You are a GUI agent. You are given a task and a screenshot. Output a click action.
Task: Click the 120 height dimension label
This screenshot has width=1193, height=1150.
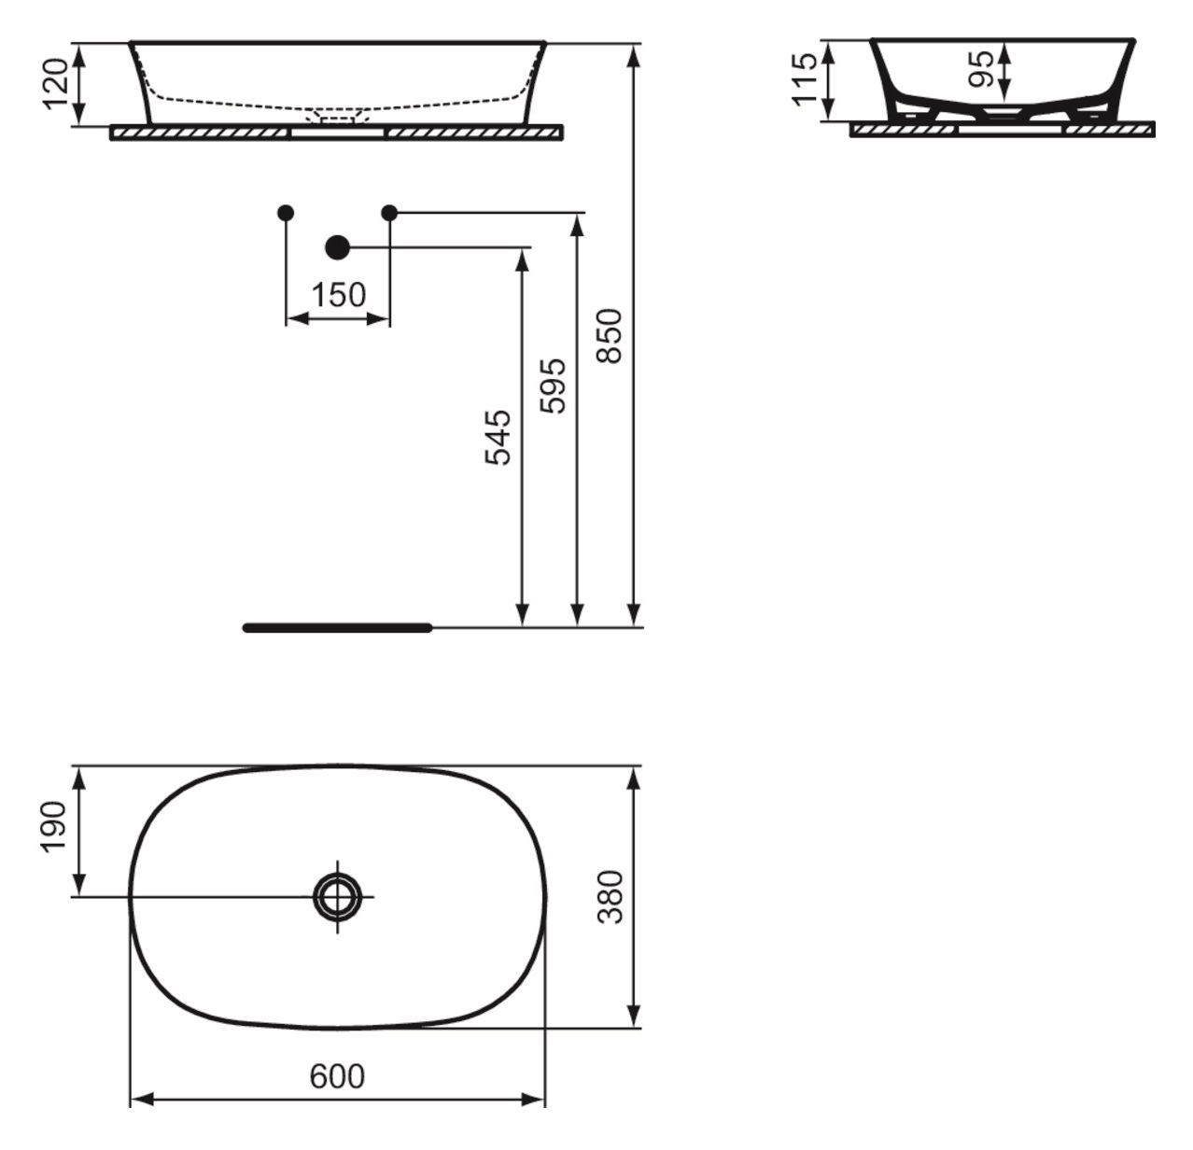click(x=56, y=84)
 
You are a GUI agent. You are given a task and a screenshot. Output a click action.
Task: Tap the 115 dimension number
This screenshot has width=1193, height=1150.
click(x=805, y=79)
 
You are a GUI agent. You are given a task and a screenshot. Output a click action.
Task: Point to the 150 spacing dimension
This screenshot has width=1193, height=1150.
click(x=339, y=295)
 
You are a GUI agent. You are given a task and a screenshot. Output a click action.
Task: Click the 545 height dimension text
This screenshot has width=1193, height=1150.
click(x=498, y=438)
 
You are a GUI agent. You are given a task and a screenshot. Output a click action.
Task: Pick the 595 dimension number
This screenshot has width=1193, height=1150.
click(x=553, y=386)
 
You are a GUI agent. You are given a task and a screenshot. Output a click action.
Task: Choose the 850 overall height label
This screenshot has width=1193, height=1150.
click(x=610, y=336)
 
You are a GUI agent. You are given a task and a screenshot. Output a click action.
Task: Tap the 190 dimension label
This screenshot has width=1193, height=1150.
click(x=53, y=826)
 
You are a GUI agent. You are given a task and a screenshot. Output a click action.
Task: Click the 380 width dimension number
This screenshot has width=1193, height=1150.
click(x=611, y=897)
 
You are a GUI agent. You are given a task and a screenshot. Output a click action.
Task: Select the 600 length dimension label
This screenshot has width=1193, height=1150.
click(x=337, y=1076)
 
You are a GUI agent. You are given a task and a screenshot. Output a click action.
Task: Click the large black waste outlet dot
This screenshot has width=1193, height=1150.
click(x=337, y=247)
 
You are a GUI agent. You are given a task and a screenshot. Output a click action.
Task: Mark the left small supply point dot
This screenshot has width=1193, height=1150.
click(x=286, y=213)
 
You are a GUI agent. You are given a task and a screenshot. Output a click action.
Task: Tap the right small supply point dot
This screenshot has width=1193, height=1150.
click(x=389, y=213)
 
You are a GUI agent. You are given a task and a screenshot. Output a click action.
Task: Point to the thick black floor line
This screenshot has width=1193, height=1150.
click(x=338, y=627)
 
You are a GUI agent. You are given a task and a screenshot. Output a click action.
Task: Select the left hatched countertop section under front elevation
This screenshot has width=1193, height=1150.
click(x=199, y=133)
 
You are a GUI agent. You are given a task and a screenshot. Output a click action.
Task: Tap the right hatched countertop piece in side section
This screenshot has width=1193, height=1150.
click(x=1110, y=130)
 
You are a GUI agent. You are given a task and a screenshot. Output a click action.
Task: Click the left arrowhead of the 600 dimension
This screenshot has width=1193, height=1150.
click(x=142, y=1101)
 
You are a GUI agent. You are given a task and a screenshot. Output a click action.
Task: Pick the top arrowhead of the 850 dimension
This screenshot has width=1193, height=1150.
click(x=635, y=55)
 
